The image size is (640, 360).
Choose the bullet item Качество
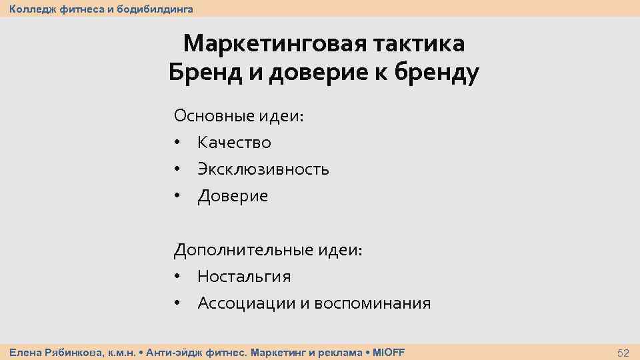point(234,143)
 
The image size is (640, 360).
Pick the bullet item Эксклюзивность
point(263,169)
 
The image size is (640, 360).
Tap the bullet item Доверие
point(233,196)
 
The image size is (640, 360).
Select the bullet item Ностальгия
point(244,277)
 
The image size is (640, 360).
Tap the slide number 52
point(623,353)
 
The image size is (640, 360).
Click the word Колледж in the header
point(30,9)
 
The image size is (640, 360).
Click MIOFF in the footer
point(388,352)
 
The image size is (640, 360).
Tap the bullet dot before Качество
point(177,143)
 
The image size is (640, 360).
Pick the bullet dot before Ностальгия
point(177,277)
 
